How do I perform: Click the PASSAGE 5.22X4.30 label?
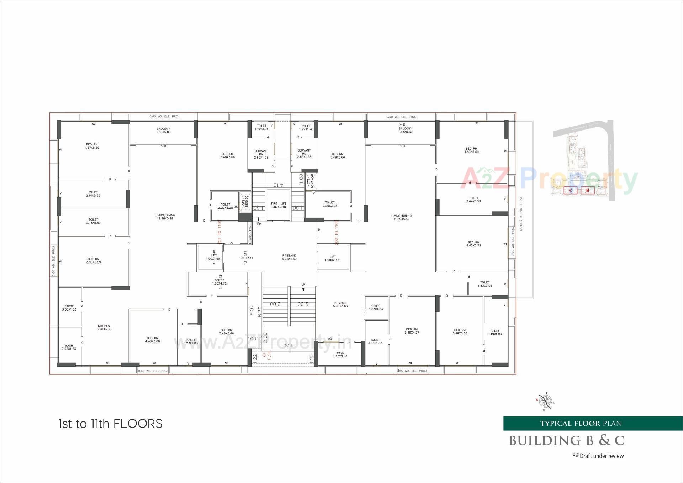[289, 257]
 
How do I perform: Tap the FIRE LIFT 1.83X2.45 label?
[279, 205]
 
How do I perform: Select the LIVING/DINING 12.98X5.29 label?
[165, 217]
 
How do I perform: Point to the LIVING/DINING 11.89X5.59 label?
[401, 217]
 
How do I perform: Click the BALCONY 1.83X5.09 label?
[163, 130]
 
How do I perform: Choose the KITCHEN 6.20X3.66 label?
[104, 328]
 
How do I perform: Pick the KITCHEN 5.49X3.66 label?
[340, 304]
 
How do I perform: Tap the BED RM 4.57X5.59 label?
[92, 146]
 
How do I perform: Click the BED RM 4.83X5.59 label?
[471, 150]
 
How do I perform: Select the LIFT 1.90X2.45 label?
[332, 258]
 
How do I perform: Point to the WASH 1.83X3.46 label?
[340, 355]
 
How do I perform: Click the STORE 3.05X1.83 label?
[69, 308]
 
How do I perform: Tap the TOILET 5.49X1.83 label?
[494, 332]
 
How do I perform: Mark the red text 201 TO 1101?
[219, 232]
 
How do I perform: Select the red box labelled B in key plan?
[588, 191]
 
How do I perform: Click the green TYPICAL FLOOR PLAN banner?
[581, 423]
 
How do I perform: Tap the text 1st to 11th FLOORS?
[111, 424]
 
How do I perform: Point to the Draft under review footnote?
[598, 456]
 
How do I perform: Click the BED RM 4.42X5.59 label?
[473, 244]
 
